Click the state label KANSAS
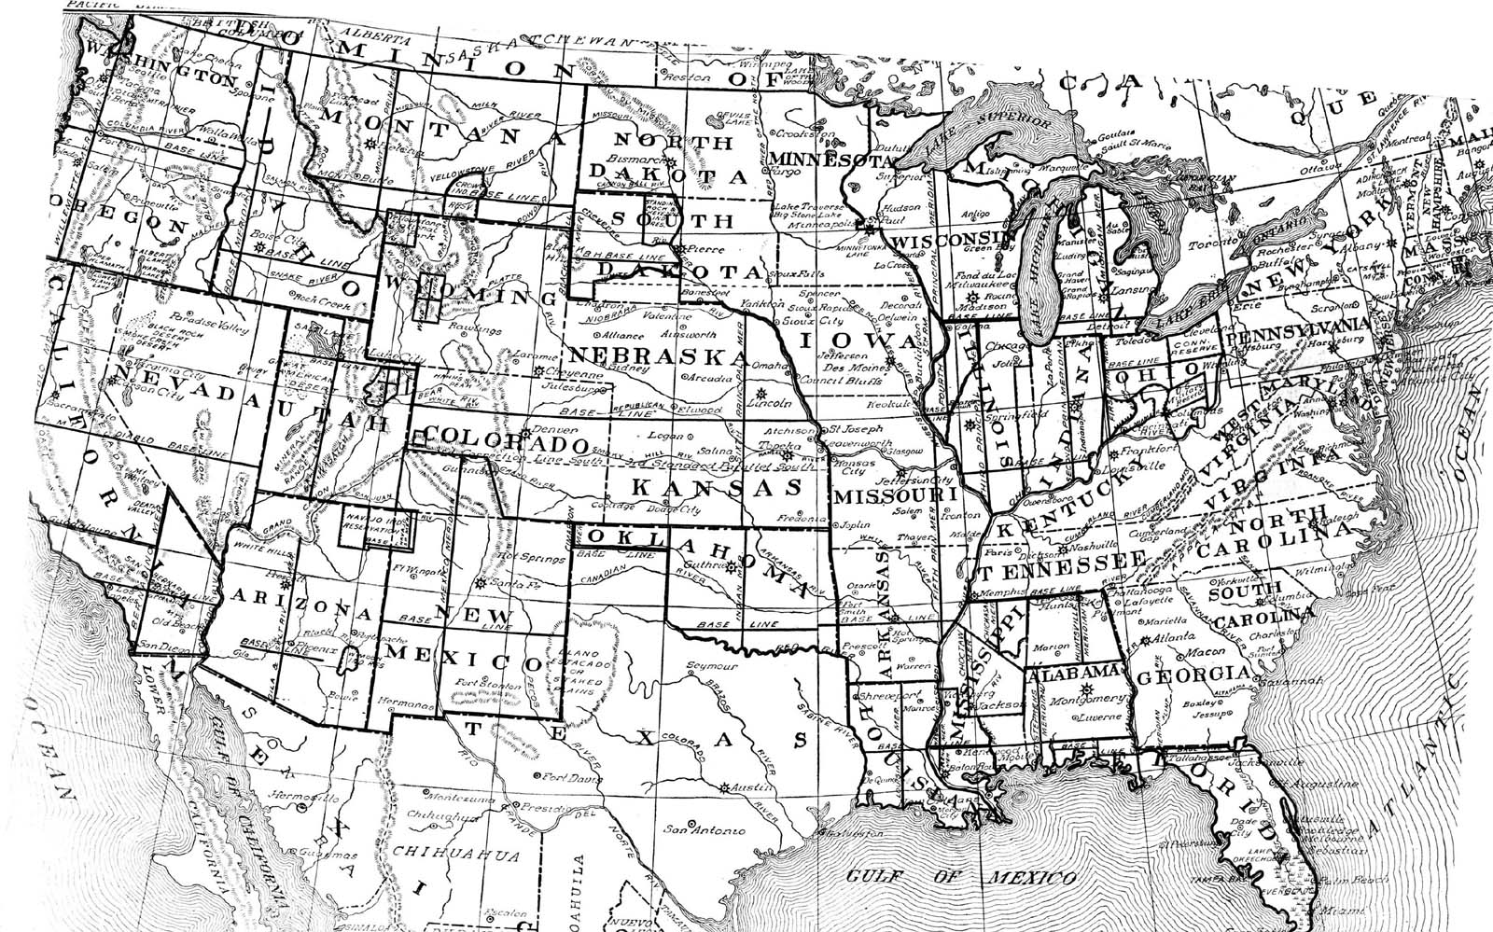[x=718, y=487]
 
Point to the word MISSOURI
[x=895, y=494]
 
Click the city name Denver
[x=548, y=431]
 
